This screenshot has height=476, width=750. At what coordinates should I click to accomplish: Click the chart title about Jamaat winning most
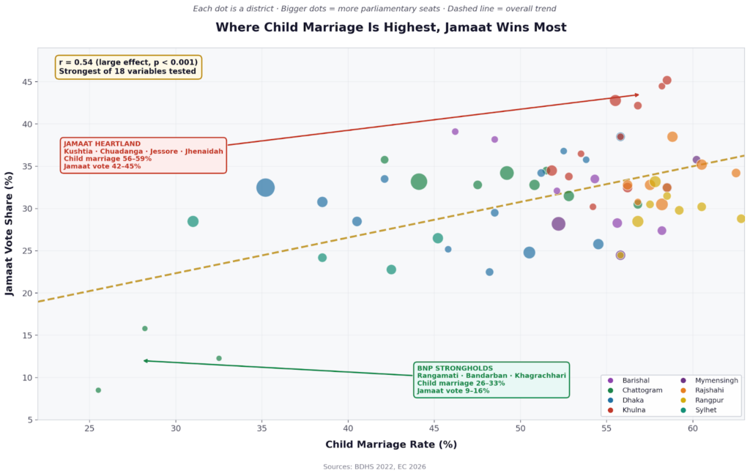point(390,28)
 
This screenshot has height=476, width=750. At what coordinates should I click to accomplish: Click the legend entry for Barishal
point(635,380)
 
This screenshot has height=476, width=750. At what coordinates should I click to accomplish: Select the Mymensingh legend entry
point(716,380)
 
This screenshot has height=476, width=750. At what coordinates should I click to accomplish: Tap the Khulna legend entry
point(634,410)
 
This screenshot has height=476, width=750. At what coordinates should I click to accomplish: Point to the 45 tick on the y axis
point(26,82)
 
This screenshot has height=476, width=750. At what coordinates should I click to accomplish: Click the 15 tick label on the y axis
point(26,335)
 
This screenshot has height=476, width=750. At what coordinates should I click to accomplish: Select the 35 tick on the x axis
point(261,429)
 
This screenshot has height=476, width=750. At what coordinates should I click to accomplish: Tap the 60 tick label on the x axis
point(692,429)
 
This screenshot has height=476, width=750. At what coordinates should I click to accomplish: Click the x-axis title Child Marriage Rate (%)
point(390,445)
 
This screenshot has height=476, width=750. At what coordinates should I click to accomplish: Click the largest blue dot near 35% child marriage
point(266,188)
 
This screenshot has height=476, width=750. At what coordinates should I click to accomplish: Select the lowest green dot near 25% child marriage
point(98,390)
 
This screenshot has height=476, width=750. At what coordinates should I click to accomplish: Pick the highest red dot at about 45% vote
point(667,81)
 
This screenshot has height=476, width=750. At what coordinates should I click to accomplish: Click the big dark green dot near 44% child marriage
point(419,182)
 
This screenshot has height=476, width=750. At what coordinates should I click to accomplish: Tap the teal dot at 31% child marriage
point(193,221)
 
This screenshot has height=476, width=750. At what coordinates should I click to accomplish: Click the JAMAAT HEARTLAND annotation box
point(143,155)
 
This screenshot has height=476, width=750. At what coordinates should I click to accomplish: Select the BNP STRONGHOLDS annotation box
point(491,379)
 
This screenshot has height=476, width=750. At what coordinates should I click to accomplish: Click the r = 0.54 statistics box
point(128,67)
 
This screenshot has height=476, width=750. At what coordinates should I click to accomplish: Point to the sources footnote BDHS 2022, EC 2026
point(374,466)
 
